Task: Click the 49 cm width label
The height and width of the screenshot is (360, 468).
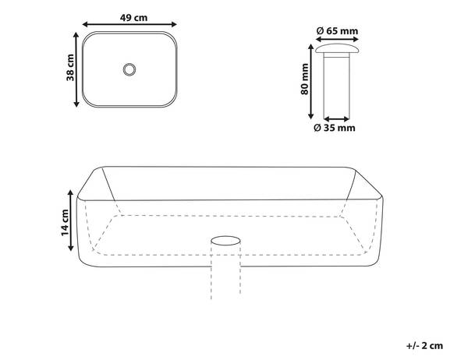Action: (x=129, y=16)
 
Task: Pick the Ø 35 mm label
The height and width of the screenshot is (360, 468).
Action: (x=335, y=127)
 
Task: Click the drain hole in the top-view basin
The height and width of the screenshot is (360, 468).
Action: (x=129, y=69)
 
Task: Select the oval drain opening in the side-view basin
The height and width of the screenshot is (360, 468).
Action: (x=226, y=238)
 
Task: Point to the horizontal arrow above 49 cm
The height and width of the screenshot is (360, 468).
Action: (x=129, y=26)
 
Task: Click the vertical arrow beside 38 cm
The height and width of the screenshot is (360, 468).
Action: (x=77, y=69)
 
